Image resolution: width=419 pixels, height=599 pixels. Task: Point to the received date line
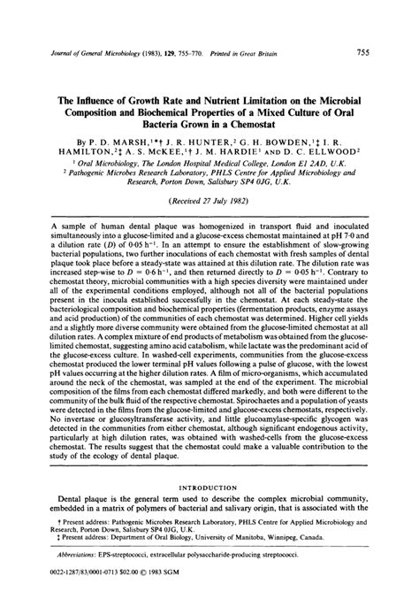pyautogui.click(x=210, y=201)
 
